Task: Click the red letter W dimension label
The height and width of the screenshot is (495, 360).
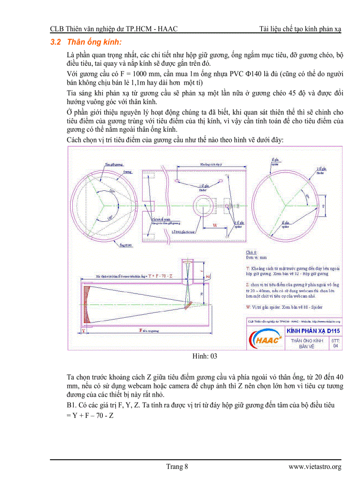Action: [215, 225]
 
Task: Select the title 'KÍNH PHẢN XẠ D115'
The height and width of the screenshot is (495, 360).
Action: [313, 331]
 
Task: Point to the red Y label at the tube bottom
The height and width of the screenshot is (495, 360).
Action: [83, 330]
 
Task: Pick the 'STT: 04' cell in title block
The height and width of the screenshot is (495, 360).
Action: [335, 343]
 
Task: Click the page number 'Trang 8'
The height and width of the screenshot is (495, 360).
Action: [177, 467]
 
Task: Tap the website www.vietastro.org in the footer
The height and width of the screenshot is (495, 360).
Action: [315, 467]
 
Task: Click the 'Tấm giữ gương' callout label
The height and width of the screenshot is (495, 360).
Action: [113, 164]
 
